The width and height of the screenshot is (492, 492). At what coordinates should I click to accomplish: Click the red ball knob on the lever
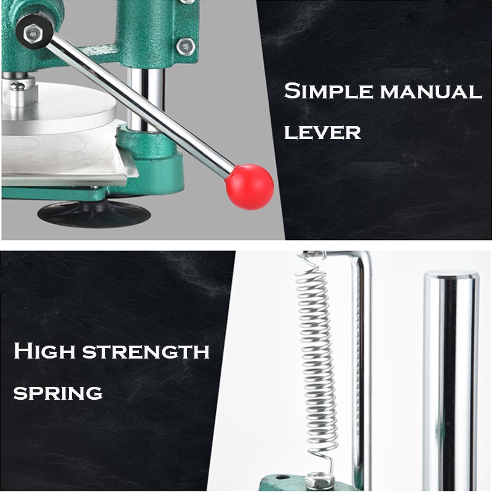coord(250,187)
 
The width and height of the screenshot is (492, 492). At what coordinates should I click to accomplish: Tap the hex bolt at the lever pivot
coord(33,33)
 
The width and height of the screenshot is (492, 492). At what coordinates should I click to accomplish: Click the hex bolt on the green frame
coord(186,47)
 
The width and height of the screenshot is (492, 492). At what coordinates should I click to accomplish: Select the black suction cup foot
coord(93,213)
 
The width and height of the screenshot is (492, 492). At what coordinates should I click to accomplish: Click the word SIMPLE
coord(328,91)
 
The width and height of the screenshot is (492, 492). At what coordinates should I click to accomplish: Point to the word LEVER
coord(322,132)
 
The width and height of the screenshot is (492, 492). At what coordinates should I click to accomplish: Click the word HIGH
coord(44,351)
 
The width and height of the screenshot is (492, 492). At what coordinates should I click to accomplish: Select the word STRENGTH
coord(146,351)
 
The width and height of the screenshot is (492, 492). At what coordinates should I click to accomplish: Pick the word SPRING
coord(58,392)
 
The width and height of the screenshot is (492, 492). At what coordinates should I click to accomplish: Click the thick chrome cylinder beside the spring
coord(451,380)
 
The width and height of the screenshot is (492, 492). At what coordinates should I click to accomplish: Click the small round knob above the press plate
coord(17,85)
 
